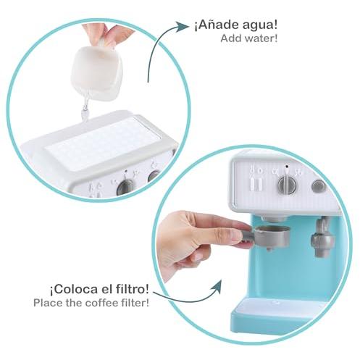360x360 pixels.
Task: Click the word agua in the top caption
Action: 260,25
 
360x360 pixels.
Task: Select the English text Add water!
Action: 249,38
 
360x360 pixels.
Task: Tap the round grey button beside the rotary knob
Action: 319,186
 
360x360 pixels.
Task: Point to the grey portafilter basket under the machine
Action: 272,237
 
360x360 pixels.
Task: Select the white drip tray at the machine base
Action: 273,306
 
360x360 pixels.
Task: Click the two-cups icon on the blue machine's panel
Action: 256,177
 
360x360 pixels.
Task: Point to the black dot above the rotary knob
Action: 287,167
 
